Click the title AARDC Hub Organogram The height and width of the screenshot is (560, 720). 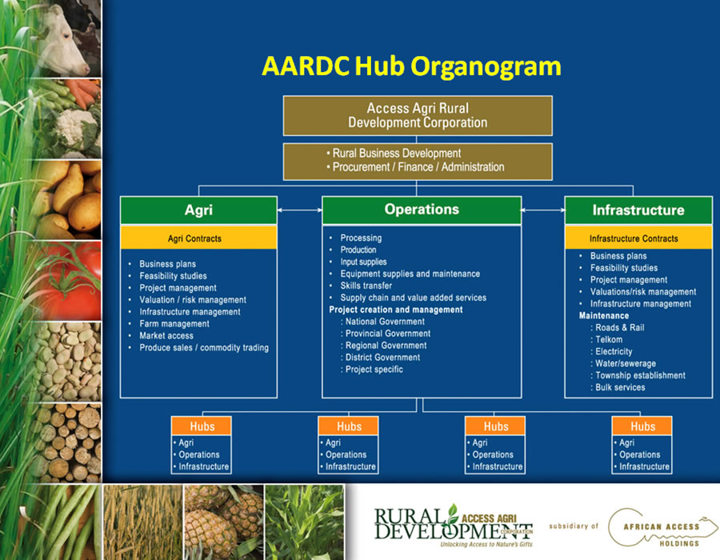click(x=411, y=66)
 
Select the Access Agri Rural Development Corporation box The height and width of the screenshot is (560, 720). click(x=418, y=116)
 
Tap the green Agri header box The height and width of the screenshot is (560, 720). click(x=199, y=210)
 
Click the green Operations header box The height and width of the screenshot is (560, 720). click(x=422, y=210)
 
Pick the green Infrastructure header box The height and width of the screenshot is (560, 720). click(x=638, y=210)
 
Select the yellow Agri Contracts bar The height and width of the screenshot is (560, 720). click(x=199, y=238)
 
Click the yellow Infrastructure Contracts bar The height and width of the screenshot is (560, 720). click(x=638, y=238)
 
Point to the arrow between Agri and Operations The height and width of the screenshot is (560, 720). click(x=300, y=210)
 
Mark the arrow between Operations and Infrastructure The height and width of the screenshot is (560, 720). click(x=543, y=210)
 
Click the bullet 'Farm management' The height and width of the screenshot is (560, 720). click(x=174, y=324)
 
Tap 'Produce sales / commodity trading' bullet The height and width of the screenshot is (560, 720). click(x=204, y=347)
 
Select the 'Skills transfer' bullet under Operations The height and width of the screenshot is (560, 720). click(x=366, y=286)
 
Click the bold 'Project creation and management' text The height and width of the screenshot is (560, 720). click(x=396, y=310)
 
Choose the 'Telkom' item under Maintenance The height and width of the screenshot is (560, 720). click(x=609, y=340)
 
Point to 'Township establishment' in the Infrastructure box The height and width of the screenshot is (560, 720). click(x=640, y=375)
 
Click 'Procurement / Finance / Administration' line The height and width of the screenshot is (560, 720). click(x=418, y=167)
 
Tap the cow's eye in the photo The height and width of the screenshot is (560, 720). click(x=66, y=36)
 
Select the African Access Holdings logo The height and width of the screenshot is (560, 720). click(x=662, y=529)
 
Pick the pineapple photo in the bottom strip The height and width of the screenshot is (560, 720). click(x=224, y=522)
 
